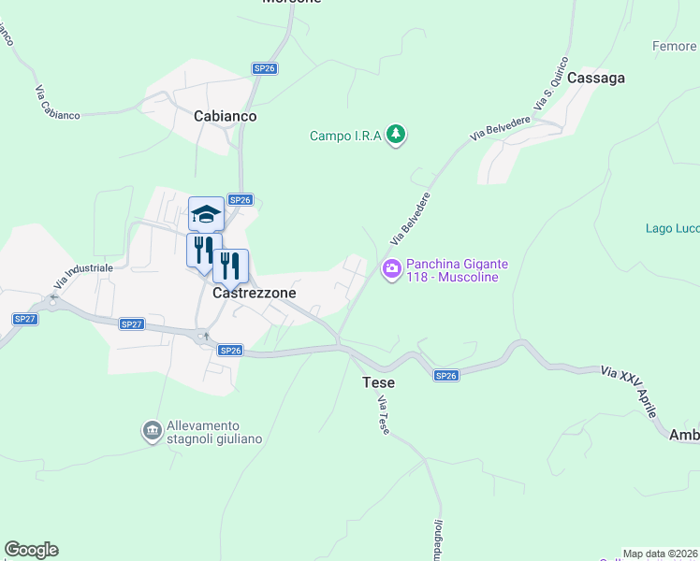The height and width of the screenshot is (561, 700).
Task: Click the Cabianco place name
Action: pos(225,116)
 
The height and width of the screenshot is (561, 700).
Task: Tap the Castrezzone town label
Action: pos(255,293)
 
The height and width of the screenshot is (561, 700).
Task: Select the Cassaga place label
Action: pos(595,79)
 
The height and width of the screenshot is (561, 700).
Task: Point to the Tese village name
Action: pos(378,382)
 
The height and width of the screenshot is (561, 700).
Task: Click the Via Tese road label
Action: pos(383,414)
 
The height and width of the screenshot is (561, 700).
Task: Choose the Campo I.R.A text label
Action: pos(345,137)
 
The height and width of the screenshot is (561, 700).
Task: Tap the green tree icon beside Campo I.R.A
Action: pos(397,136)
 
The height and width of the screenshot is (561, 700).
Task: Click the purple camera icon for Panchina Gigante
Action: pos(391,269)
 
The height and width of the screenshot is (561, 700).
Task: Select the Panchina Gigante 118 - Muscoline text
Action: pos(451,270)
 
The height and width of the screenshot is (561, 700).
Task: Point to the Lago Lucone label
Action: pos(673,228)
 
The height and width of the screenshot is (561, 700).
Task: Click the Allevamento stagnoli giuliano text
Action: pos(214,432)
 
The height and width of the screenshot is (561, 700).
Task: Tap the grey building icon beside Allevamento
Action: pos(151,431)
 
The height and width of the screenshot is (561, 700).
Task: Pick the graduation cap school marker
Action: pos(206,214)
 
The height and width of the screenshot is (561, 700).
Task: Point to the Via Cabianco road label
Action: pos(58,103)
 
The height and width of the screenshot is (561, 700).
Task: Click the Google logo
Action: pos(31,550)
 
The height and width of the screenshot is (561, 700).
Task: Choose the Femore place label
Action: pos(675,46)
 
